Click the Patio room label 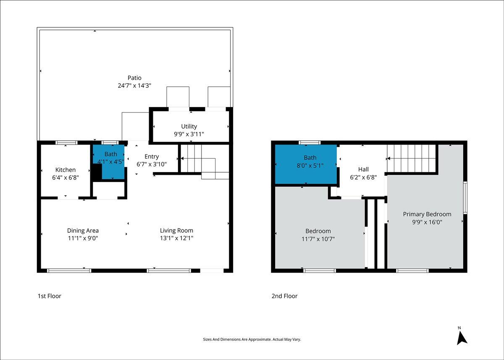tap(134, 78)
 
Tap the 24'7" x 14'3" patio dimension tap(134, 86)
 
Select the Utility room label tap(189, 126)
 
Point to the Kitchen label tap(65, 170)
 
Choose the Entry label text tap(152, 157)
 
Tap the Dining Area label tap(83, 231)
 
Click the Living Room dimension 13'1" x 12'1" tap(177, 238)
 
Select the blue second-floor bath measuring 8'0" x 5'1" tap(306, 164)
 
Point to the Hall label tap(363, 169)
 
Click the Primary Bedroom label tap(427, 214)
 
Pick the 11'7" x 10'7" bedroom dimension tap(318, 239)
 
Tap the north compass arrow tap(462, 339)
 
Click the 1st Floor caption tap(49, 296)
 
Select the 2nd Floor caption tap(284, 296)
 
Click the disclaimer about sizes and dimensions tap(252, 339)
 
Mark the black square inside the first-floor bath tap(97, 172)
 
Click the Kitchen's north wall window tap(66, 143)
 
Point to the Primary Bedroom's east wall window tap(465, 198)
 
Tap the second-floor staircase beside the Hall tap(411, 159)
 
